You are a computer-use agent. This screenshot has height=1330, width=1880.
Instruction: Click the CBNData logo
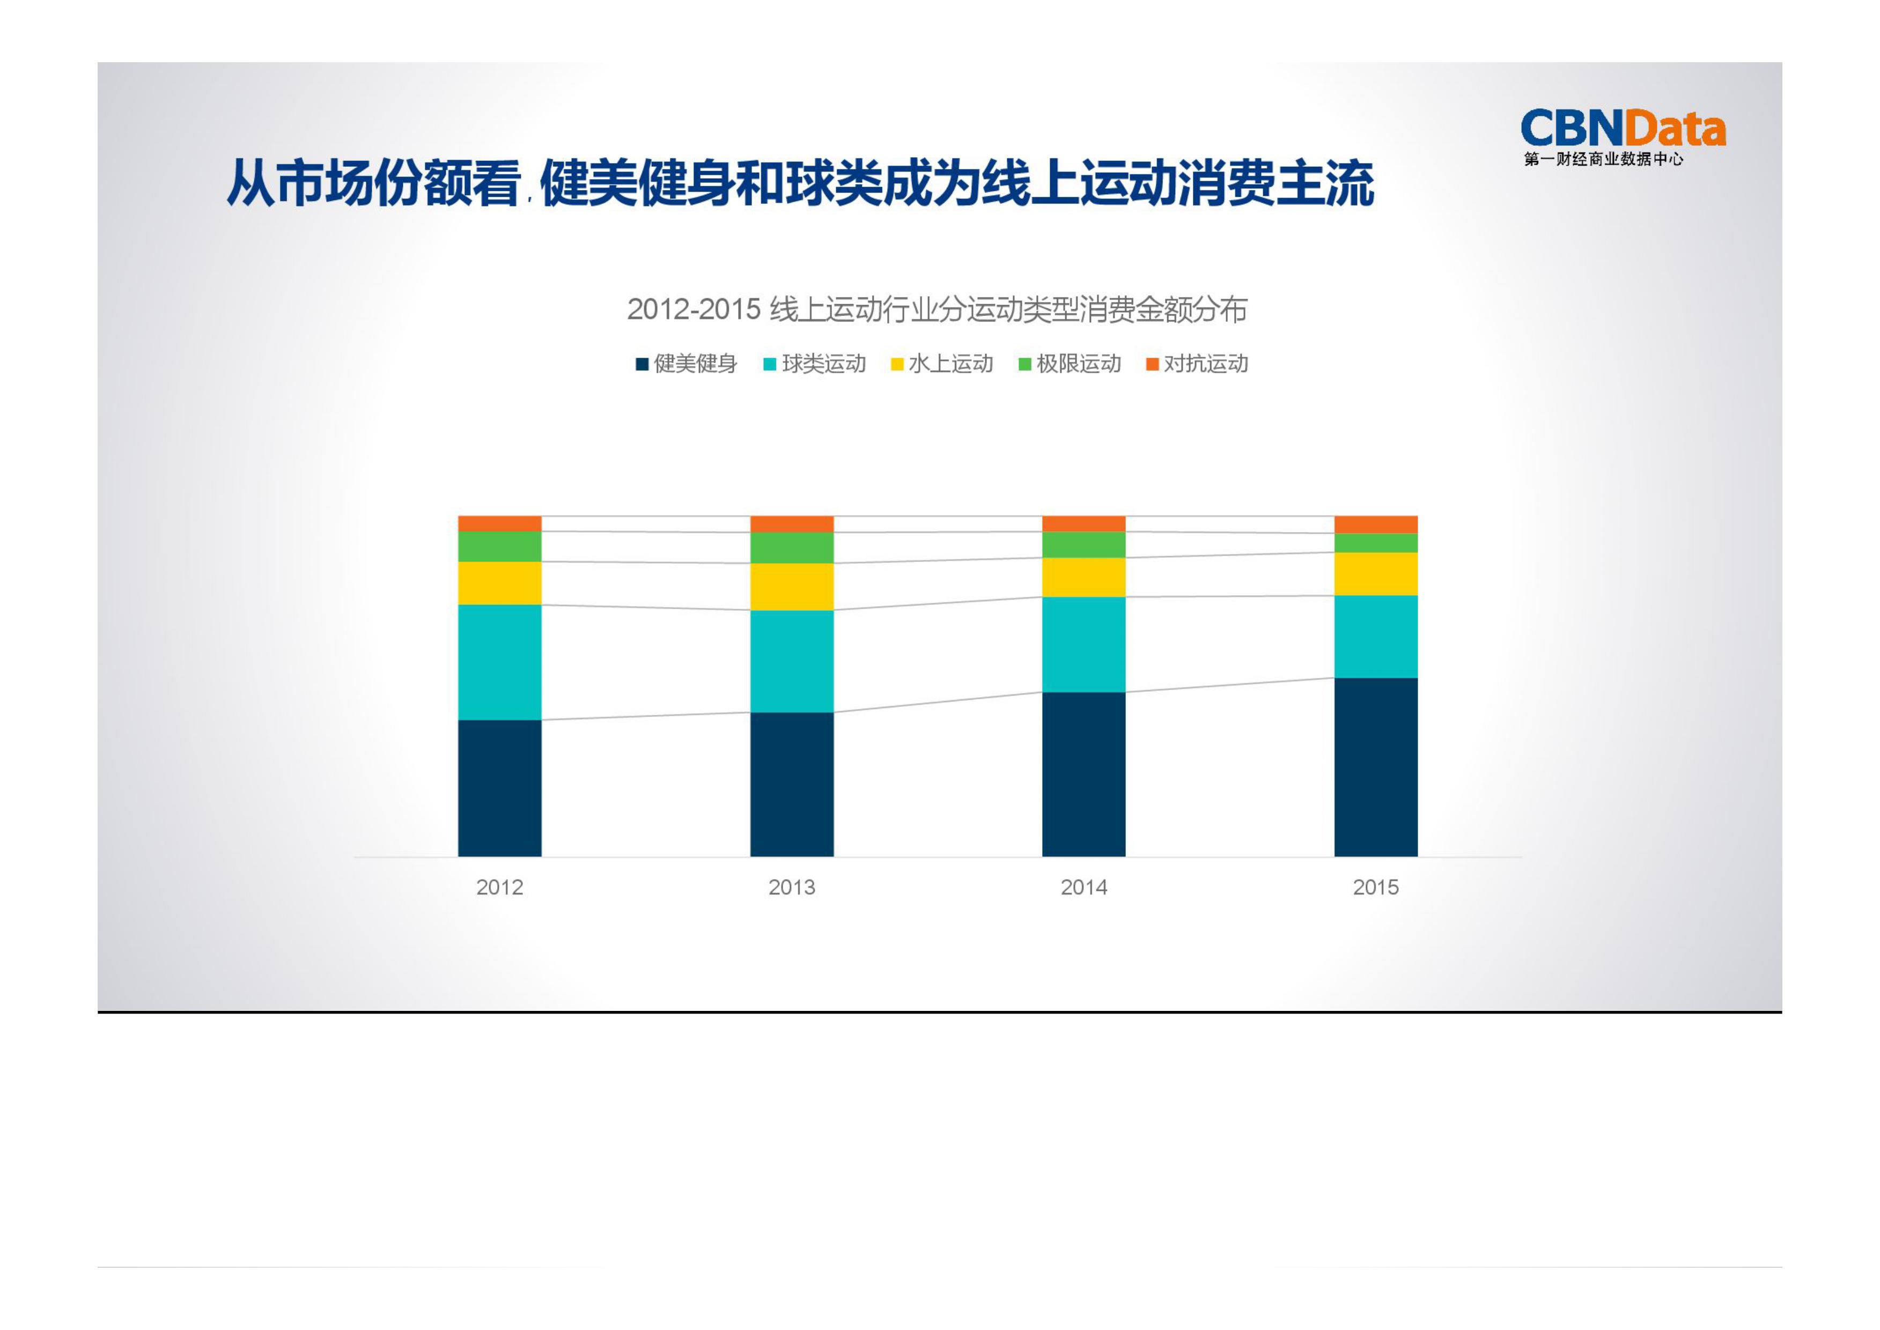1622,136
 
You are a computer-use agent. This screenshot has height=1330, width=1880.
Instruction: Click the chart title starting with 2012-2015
937,309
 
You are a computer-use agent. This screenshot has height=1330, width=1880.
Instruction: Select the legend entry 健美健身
687,364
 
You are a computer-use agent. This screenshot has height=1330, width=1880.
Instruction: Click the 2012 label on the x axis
500,887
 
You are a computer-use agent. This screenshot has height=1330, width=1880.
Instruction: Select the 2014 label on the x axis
1084,887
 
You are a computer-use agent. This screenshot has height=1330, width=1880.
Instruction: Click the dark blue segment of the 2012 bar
500,788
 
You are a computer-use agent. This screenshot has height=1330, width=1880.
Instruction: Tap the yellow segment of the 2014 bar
1084,578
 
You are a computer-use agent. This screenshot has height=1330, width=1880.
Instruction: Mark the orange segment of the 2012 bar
500,523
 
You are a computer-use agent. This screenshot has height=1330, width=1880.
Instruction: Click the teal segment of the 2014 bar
1084,645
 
